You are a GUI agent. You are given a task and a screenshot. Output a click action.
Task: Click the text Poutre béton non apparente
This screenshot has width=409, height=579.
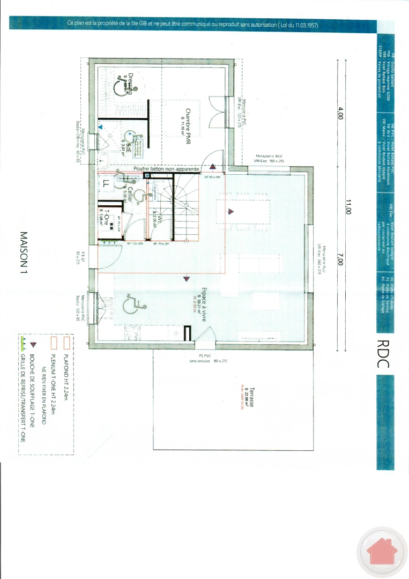click(x=167, y=169)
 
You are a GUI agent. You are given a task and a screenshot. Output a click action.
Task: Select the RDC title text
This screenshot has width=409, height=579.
click(x=382, y=354)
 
